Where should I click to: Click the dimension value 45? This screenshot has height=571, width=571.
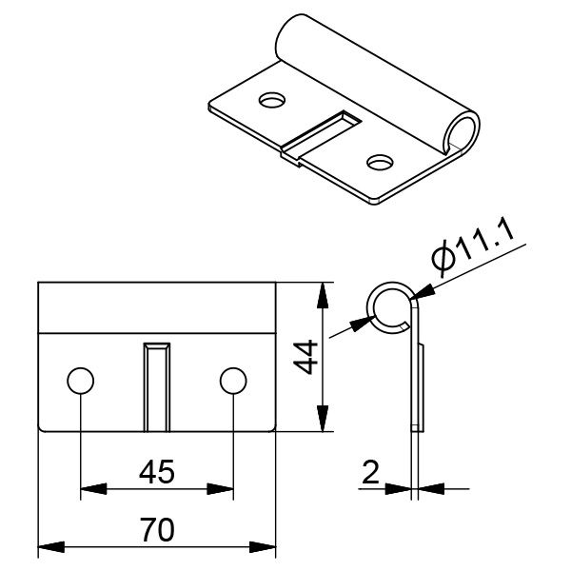(157, 473)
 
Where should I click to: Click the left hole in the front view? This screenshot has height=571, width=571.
(81, 382)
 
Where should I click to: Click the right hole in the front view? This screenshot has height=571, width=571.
(233, 382)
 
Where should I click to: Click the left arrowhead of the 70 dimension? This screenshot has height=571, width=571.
(46, 549)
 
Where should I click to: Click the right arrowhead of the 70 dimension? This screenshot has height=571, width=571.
(267, 549)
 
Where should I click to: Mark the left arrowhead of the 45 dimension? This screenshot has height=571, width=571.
(89, 491)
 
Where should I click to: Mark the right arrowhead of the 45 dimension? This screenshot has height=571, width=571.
(226, 491)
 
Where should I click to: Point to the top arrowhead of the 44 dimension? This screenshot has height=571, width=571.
(325, 289)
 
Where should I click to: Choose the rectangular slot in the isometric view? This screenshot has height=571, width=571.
(324, 133)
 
